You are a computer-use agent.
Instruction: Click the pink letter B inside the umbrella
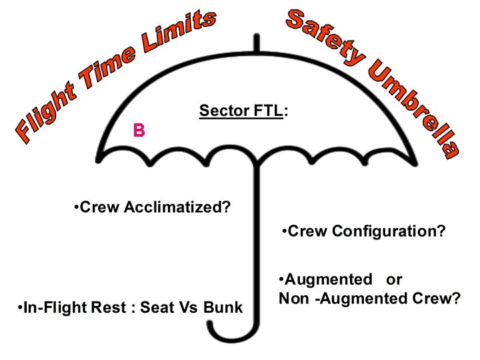coord(139,130)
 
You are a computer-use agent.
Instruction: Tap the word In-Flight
coord(75,307)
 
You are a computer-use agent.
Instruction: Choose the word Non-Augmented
coord(343,299)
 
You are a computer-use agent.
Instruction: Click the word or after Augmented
coord(394,280)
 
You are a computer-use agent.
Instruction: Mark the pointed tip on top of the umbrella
coord(257,35)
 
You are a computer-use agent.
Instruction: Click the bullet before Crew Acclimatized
coord(76,206)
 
